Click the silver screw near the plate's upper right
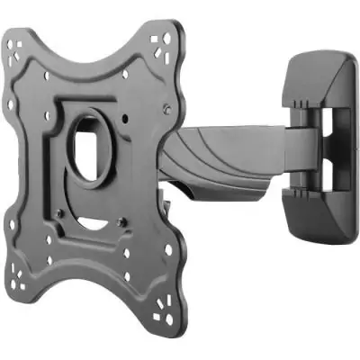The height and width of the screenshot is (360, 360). [x=167, y=107]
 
